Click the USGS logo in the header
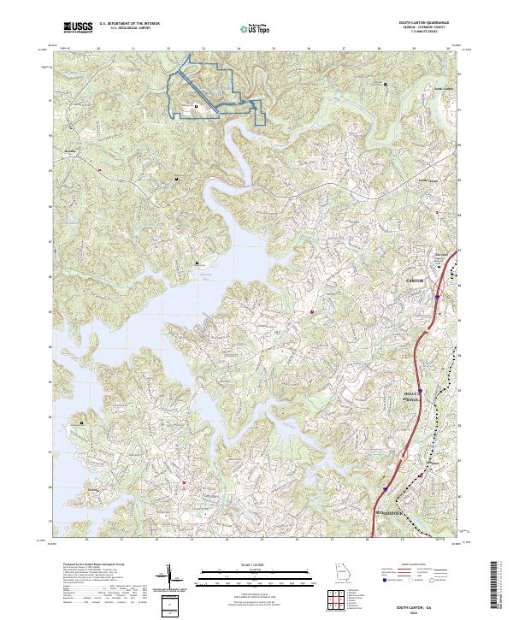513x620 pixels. tap(78, 27)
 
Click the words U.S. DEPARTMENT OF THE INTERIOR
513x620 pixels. tap(129, 24)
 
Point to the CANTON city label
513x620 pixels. tap(414, 280)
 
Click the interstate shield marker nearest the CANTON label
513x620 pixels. tap(436, 298)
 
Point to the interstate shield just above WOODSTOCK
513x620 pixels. tap(386, 490)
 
